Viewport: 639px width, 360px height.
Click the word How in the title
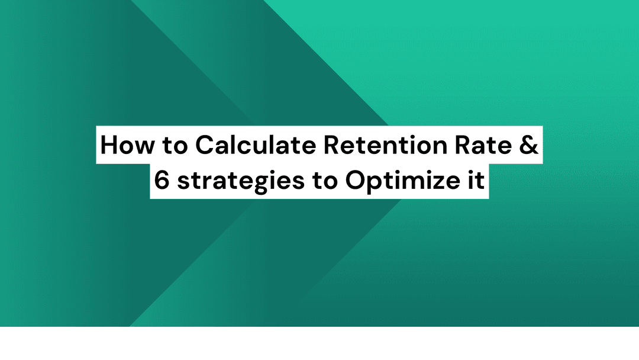click(x=127, y=144)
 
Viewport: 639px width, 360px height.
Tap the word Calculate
click(x=256, y=144)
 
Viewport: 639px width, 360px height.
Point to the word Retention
click(x=386, y=144)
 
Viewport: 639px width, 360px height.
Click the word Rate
click(x=483, y=145)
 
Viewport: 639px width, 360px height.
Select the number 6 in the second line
click(x=162, y=180)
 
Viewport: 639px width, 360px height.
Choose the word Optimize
click(x=402, y=181)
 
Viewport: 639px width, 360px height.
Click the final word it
click(x=476, y=180)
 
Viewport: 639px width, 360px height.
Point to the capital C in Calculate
click(x=205, y=144)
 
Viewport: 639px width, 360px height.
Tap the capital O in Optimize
click(x=356, y=180)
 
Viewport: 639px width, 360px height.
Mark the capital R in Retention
click(x=331, y=145)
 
